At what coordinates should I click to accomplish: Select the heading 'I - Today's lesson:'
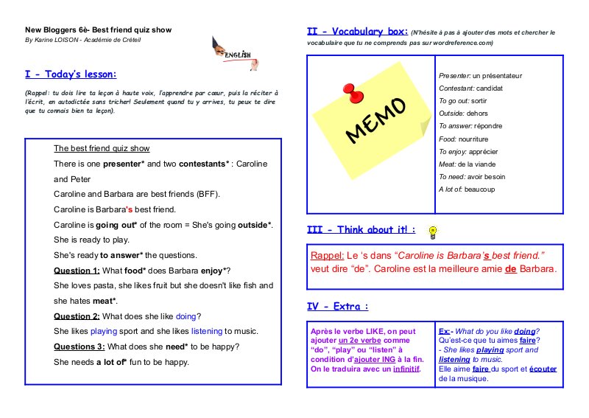pyautogui.click(x=71, y=74)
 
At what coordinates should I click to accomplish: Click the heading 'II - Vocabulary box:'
pyautogui.click(x=357, y=32)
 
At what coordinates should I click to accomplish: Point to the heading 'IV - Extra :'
pyautogui.click(x=338, y=306)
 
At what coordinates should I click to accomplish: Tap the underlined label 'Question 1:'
pyautogui.click(x=77, y=270)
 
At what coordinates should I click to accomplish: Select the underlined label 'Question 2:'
pyautogui.click(x=77, y=316)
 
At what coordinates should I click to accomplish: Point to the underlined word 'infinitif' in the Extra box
pyautogui.click(x=405, y=368)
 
